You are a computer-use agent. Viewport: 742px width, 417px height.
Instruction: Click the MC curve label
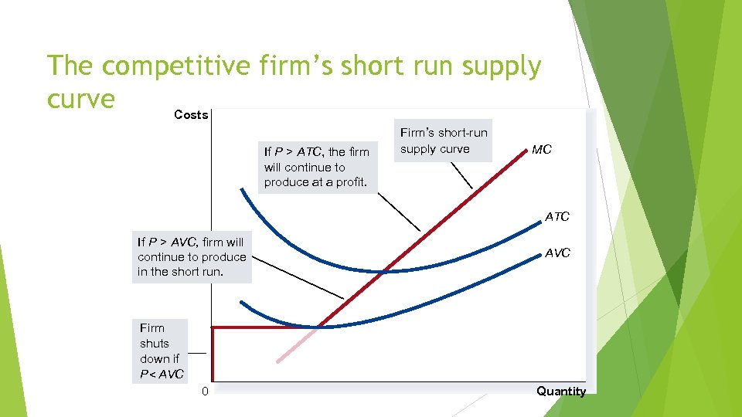(541, 149)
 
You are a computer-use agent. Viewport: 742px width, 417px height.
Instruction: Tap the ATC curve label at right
(556, 217)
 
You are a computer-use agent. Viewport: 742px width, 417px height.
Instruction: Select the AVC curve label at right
(557, 253)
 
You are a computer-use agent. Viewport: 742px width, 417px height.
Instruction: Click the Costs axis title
(191, 115)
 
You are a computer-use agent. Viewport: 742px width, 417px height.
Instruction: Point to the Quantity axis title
(561, 391)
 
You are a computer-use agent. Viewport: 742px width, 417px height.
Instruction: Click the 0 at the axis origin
(204, 392)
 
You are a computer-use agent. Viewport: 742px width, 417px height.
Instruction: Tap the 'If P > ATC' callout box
(317, 167)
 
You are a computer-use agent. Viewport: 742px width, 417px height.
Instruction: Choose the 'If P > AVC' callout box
(192, 257)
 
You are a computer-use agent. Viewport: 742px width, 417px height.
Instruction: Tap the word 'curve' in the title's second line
(80, 99)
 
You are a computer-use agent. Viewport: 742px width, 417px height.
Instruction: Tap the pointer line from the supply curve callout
(461, 177)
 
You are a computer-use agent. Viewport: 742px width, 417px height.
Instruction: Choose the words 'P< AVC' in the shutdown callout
(162, 375)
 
